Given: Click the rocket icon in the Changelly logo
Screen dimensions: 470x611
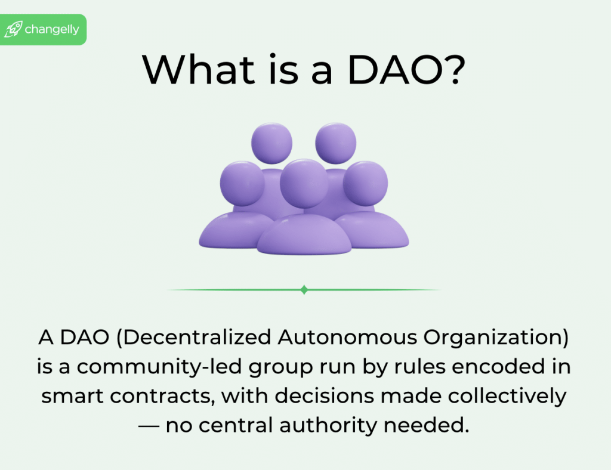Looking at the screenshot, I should click(13, 29).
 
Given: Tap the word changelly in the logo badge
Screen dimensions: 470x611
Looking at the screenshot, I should click(52, 30).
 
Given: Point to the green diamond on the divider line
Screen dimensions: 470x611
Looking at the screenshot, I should click(304, 290).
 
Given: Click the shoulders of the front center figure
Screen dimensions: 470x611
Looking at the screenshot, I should click(304, 235).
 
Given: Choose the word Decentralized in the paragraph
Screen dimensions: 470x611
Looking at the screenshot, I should click(197, 338).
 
